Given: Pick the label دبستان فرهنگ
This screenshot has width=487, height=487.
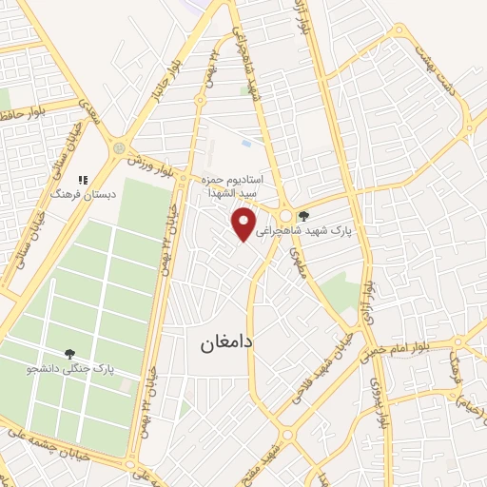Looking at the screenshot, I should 83,194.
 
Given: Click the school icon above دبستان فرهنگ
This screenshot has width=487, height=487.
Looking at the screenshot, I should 83,178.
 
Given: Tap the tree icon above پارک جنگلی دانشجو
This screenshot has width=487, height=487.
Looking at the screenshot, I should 70,353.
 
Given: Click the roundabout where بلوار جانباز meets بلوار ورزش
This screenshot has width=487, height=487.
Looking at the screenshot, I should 119,148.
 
